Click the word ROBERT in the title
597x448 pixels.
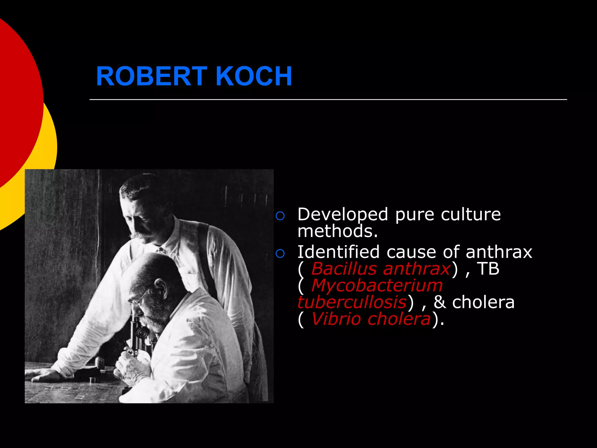(151, 76)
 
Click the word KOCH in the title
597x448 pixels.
(254, 76)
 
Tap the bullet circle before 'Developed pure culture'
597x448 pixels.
(280, 216)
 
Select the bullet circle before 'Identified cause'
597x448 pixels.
(280, 254)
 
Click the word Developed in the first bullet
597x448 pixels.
(343, 215)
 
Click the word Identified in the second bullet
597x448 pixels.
(338, 252)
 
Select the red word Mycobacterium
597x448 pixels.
(377, 285)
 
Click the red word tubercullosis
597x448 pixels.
(352, 302)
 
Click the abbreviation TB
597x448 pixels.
(488, 269)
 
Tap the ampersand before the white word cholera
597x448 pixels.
(440, 302)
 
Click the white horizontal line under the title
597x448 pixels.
(328, 99)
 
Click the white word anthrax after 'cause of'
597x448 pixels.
(499, 252)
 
